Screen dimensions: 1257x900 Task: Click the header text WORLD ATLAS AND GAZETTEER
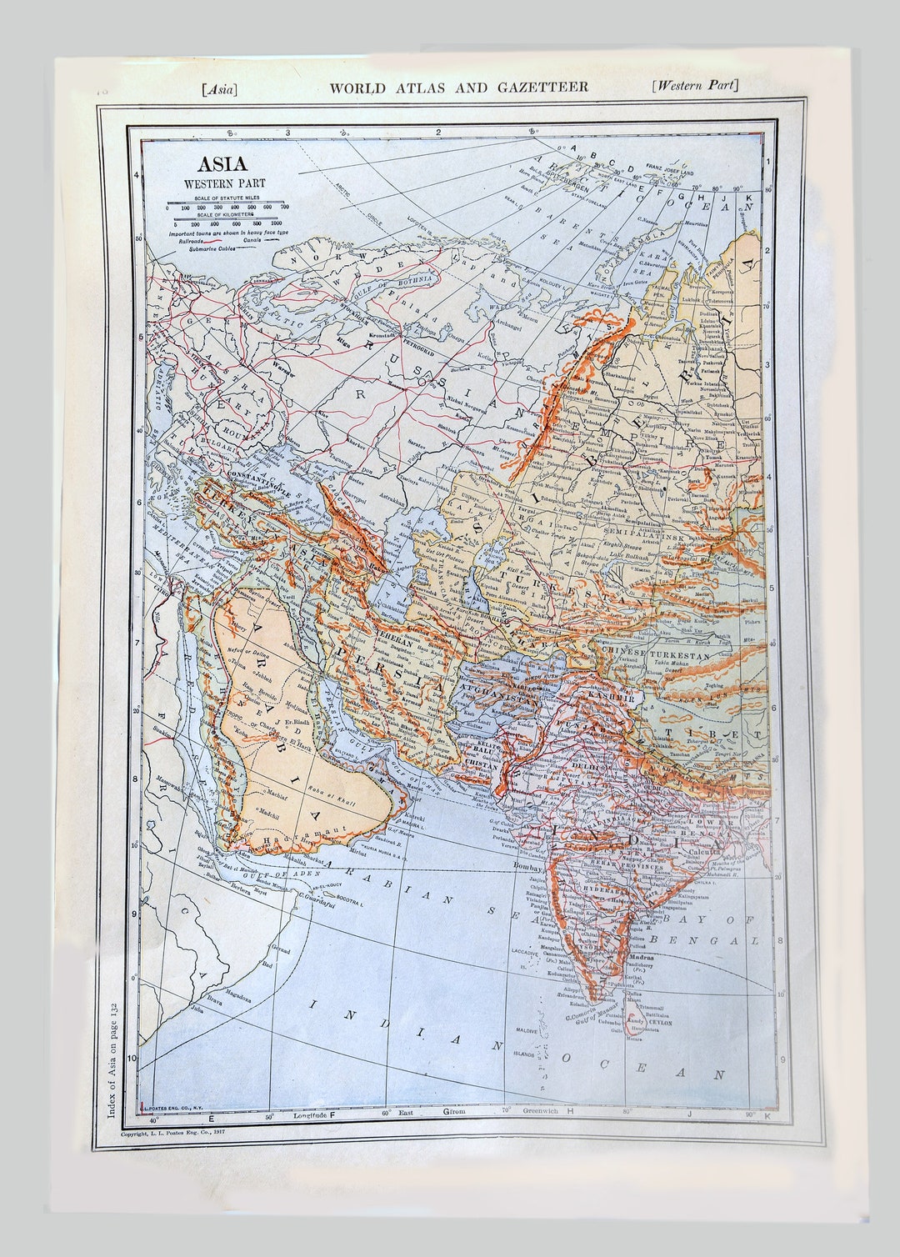(x=459, y=87)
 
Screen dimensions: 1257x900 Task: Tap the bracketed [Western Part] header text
(x=696, y=85)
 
